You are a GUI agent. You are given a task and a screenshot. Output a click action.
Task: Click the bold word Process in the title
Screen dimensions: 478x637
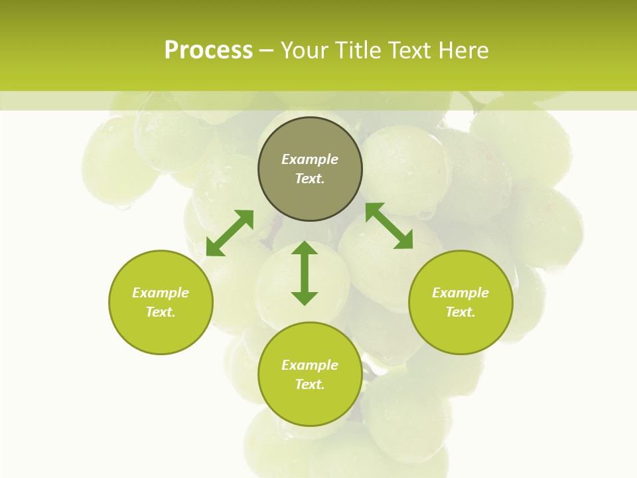tap(208, 50)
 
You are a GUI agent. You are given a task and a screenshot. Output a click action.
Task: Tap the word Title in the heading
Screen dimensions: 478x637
tap(358, 50)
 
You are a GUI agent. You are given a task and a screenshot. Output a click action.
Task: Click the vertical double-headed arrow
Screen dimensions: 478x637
tap(305, 273)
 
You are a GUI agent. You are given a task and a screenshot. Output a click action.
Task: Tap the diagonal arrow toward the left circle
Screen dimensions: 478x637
tap(230, 233)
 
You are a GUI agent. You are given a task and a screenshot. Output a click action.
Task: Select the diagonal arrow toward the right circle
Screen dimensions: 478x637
tap(389, 226)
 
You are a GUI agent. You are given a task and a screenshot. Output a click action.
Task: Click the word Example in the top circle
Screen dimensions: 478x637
tap(310, 159)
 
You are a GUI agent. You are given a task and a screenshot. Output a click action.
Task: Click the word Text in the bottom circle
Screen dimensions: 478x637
tap(309, 384)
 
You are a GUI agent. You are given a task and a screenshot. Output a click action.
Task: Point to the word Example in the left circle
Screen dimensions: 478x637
tap(161, 293)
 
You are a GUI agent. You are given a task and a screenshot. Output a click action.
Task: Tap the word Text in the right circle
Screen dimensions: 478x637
tap(460, 312)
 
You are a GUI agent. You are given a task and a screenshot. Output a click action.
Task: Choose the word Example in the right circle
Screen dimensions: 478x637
tap(460, 293)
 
